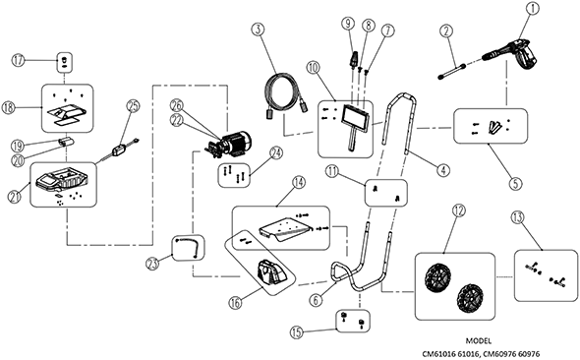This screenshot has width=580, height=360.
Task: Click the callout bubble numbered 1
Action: click(533, 9)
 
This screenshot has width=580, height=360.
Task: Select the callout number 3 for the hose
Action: click(259, 30)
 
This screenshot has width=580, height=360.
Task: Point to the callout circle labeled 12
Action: click(459, 210)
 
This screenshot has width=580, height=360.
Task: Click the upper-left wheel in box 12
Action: click(435, 275)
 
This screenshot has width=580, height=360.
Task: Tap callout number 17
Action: click(18, 60)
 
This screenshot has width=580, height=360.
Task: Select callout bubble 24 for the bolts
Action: click(276, 153)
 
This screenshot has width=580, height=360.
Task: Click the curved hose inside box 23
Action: click(188, 247)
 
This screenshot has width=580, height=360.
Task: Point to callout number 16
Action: click(235, 302)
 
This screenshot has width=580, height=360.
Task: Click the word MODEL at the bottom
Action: click(479, 340)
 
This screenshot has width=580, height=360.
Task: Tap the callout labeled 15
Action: click(297, 332)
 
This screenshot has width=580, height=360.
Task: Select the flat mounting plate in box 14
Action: click(285, 228)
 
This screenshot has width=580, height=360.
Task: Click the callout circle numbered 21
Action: click(14, 196)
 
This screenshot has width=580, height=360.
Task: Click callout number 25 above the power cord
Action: click(133, 106)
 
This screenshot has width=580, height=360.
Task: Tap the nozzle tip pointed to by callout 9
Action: click(352, 58)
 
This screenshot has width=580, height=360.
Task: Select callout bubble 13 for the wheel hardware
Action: click(517, 217)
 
